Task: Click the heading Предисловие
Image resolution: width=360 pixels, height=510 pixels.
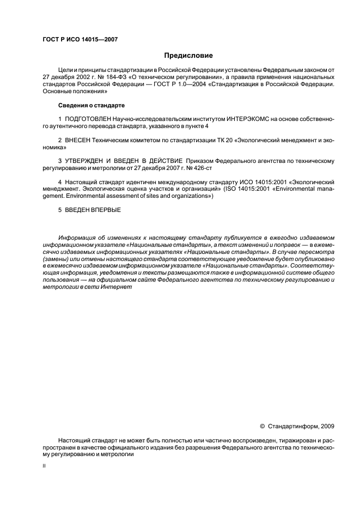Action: [189, 55]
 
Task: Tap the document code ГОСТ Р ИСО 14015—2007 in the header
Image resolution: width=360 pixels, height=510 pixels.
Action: [80, 39]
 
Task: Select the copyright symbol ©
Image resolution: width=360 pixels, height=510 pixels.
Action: [263, 426]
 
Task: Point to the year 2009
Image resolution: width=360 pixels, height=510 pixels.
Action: [327, 426]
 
